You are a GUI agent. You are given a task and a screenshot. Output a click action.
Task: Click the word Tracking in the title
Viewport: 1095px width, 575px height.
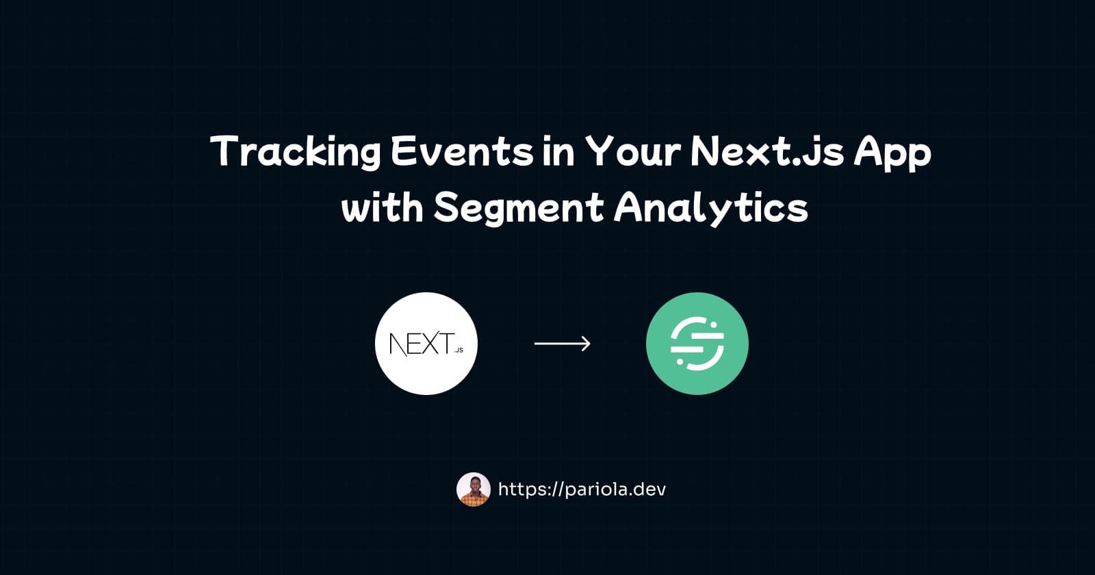pyautogui.click(x=295, y=152)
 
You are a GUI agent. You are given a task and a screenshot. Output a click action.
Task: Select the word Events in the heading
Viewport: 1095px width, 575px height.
pyautogui.click(x=462, y=152)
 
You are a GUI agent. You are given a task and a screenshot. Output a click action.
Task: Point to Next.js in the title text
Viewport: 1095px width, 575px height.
pyautogui.click(x=766, y=152)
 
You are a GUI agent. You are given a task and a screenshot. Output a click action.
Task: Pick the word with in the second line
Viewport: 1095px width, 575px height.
pyautogui.click(x=382, y=207)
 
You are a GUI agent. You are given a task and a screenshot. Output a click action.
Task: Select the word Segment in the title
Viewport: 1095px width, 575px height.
pyautogui.click(x=519, y=208)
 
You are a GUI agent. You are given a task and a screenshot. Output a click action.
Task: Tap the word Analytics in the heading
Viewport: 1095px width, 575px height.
pyautogui.click(x=712, y=208)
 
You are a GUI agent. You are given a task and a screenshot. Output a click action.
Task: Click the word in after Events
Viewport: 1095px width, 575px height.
pyautogui.click(x=558, y=152)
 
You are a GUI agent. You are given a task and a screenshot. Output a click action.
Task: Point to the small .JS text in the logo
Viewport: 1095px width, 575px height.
pyautogui.click(x=458, y=350)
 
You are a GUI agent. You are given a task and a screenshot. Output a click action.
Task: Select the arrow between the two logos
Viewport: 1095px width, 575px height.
pyautogui.click(x=561, y=343)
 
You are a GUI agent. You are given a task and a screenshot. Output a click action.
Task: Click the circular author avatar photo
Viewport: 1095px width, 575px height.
pyautogui.click(x=474, y=489)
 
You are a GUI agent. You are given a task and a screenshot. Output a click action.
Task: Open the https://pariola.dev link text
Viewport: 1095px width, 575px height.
pyautogui.click(x=582, y=489)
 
